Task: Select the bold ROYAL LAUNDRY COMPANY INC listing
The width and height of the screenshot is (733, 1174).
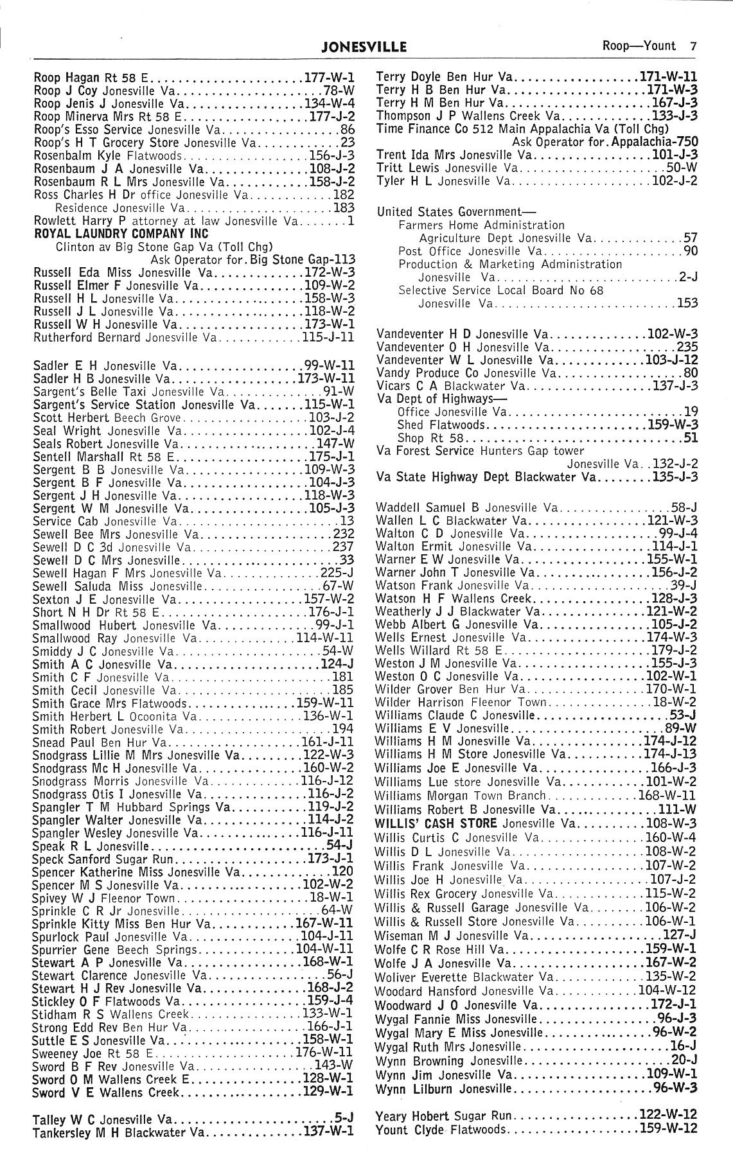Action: [121, 233]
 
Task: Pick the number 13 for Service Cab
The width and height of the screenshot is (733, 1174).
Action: [347, 521]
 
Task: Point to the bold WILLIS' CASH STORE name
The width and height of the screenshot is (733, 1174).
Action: [436, 823]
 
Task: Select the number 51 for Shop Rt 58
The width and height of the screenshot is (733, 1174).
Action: [691, 438]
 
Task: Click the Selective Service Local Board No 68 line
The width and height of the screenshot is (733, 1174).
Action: [500, 290]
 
